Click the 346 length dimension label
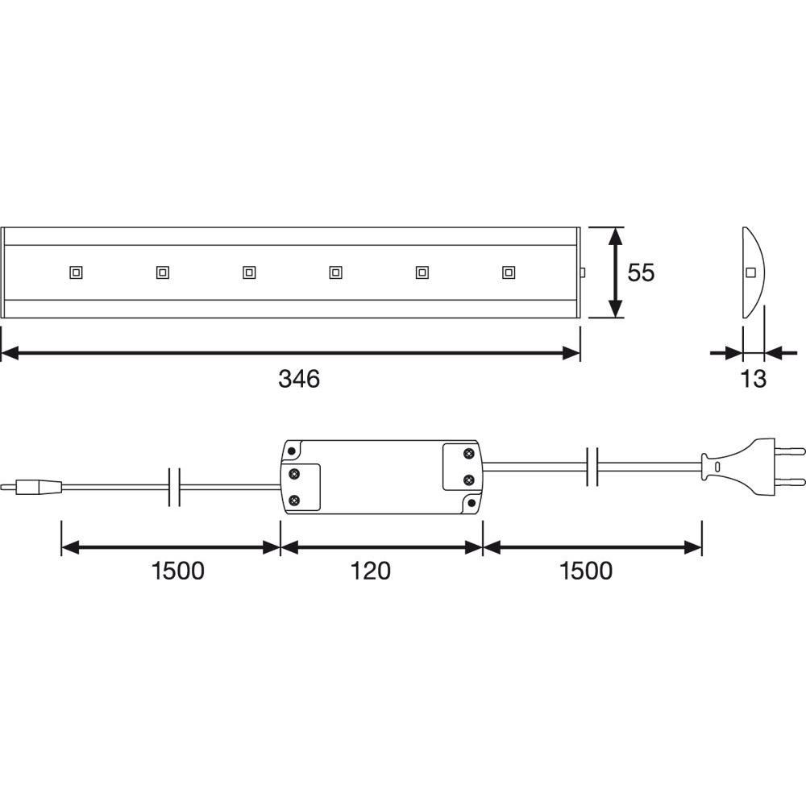click(x=299, y=379)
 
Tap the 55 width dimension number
click(x=641, y=272)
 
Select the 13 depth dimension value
click(x=753, y=379)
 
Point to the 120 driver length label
click(x=370, y=571)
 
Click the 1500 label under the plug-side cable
click(x=585, y=571)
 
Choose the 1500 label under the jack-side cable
click(x=178, y=571)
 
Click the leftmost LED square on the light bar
click(x=76, y=272)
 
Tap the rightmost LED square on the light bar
click(x=509, y=272)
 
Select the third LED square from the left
click(x=249, y=272)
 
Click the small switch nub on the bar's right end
click(x=583, y=272)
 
